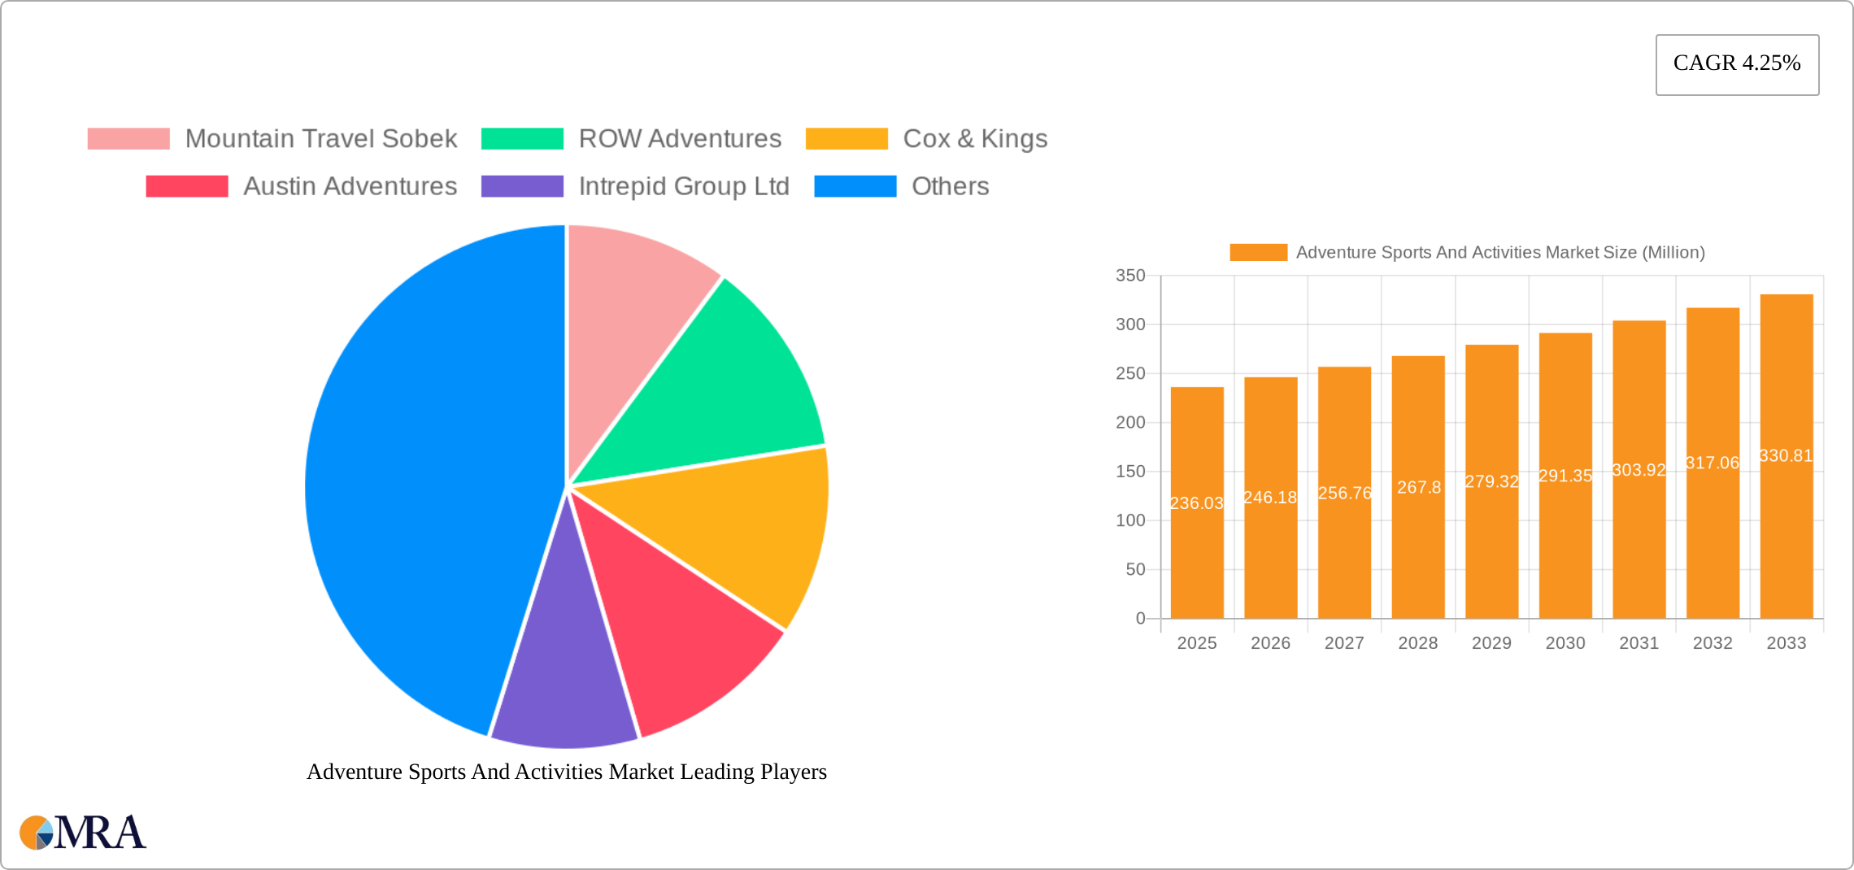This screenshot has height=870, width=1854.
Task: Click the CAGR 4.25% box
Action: coord(1737,64)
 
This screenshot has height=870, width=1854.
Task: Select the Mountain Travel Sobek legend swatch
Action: coord(128,139)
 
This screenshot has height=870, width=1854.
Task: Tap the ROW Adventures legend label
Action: coord(680,139)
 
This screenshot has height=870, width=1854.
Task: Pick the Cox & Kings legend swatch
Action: coord(846,139)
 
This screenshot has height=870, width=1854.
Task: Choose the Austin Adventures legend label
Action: coord(350,186)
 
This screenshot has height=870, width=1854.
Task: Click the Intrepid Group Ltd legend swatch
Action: coord(522,186)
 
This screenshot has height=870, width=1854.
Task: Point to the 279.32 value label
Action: coord(1491,481)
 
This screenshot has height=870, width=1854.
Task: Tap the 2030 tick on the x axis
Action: coord(1565,643)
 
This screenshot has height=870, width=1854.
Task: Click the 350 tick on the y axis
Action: coord(1130,276)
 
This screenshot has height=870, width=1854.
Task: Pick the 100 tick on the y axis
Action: coord(1130,520)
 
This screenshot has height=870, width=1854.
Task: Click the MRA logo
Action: coord(83,833)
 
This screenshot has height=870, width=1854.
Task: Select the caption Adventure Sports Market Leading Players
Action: coord(566,772)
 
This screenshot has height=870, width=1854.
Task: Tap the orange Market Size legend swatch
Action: coord(1258,253)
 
